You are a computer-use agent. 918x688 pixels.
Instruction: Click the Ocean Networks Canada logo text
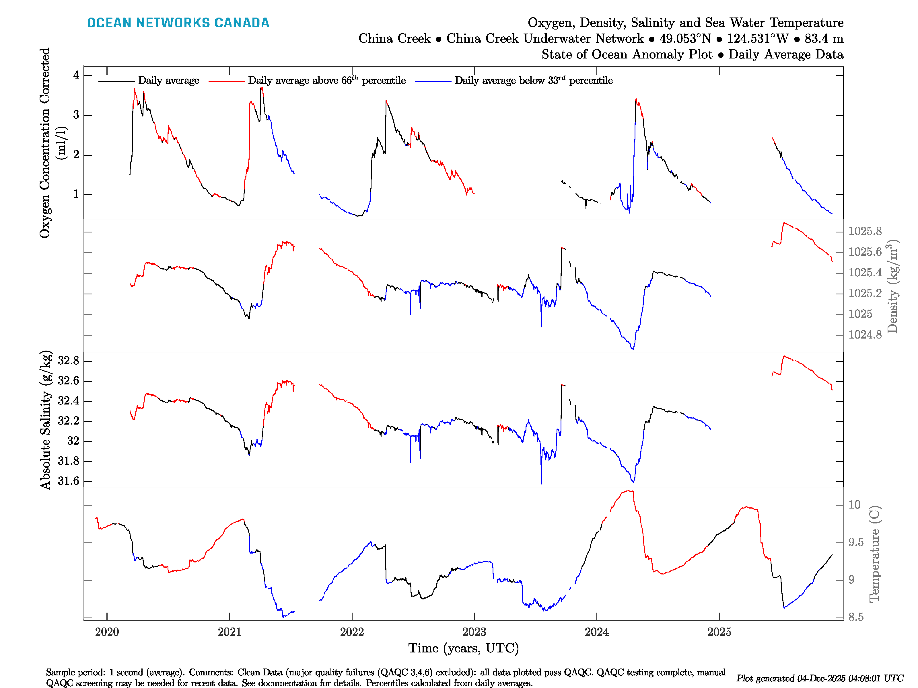(178, 23)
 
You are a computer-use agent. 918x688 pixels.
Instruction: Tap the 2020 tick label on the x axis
(107, 632)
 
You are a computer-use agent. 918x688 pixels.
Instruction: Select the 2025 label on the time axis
(719, 632)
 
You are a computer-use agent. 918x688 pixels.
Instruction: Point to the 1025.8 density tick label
(865, 231)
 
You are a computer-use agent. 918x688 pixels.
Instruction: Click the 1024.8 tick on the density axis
(865, 335)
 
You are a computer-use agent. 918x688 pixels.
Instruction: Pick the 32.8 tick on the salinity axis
(69, 361)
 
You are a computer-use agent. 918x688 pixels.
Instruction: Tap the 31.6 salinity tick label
(69, 481)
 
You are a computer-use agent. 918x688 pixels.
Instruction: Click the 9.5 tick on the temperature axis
(856, 542)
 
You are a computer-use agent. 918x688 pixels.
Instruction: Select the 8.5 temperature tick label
(856, 617)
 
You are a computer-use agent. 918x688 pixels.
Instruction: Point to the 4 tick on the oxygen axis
(76, 75)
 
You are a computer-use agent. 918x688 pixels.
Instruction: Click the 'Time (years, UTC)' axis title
(464, 648)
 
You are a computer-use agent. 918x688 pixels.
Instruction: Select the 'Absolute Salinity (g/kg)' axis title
(46, 420)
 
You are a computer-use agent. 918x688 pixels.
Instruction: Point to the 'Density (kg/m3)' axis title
(892, 286)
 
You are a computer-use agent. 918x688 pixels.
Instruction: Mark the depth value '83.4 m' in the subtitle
(824, 39)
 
